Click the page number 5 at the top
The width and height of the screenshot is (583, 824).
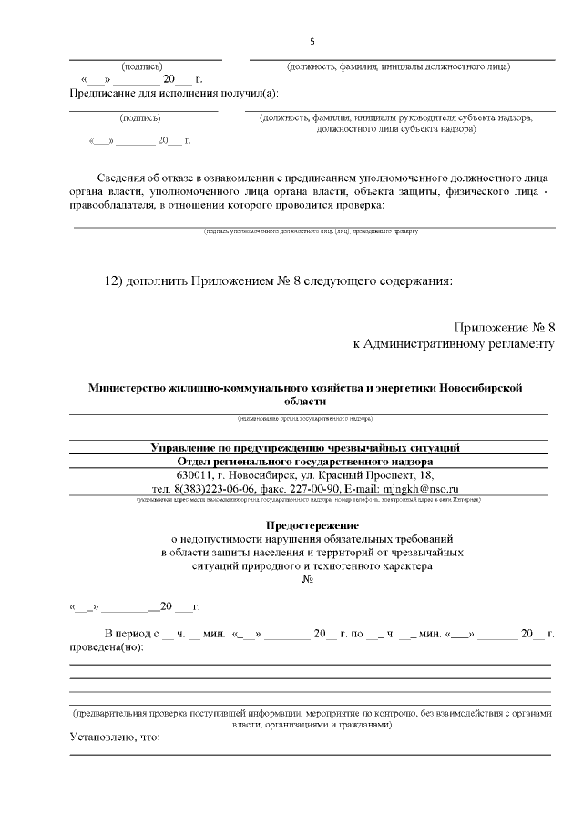coord(312,42)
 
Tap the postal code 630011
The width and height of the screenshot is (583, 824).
coord(197,475)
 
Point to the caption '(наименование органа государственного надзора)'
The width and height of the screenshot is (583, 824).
coord(305,419)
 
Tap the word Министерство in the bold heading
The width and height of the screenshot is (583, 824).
coord(127,387)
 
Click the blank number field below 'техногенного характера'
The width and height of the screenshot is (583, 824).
coord(337,580)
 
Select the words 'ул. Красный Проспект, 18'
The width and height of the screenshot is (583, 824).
coord(379,475)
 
